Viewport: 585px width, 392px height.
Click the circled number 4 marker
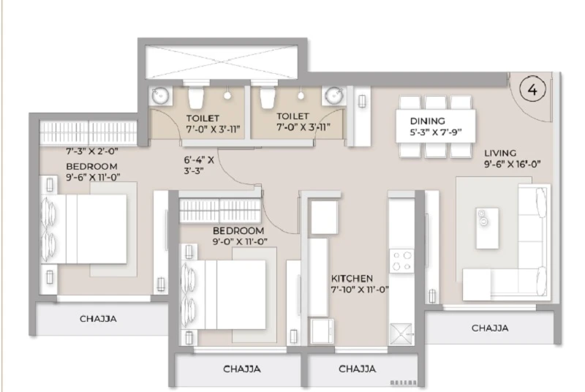(x=533, y=89)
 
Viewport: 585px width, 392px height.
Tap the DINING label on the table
(x=428, y=121)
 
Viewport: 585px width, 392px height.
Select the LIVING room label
(x=500, y=153)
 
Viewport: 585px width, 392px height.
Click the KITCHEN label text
(x=352, y=279)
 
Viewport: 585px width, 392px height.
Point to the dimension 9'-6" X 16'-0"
(x=513, y=164)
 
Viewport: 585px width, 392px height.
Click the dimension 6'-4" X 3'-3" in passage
(x=199, y=165)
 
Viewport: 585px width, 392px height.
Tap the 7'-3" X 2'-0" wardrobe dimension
(x=92, y=151)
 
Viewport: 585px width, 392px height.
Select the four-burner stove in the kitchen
(x=401, y=260)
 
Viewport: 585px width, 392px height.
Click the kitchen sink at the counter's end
(x=401, y=333)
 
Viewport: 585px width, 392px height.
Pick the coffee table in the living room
(x=487, y=228)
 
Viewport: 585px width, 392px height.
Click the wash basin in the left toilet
(x=161, y=97)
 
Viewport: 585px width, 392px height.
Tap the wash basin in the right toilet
(x=333, y=96)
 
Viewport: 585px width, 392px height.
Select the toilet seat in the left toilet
(x=195, y=97)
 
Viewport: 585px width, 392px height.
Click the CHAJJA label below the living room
(x=489, y=328)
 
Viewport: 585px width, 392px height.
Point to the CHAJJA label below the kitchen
(x=357, y=369)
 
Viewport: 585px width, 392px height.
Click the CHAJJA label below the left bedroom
(x=98, y=319)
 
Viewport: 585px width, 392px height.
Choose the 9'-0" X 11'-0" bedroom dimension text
(x=240, y=241)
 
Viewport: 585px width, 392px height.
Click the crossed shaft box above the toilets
(x=222, y=62)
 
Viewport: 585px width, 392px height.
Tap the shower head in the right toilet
(x=301, y=96)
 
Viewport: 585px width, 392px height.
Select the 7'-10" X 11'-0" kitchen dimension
(x=360, y=290)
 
